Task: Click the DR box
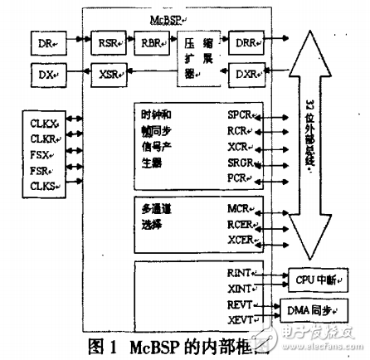45,41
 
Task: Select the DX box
45,75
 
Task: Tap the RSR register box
110,41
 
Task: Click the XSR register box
110,75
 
